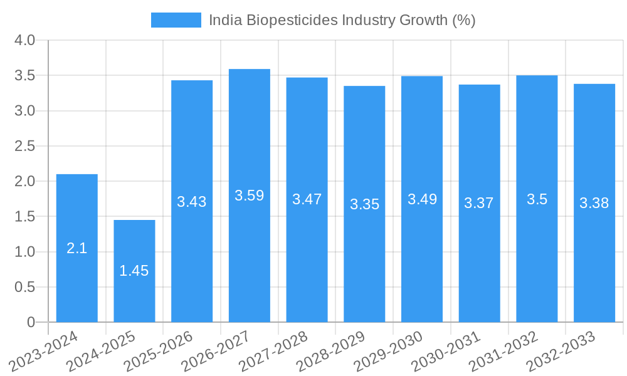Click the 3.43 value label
tap(192, 202)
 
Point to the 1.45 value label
tap(134, 271)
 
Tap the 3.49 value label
tap(422, 199)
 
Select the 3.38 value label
tap(594, 203)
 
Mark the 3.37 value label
tap(479, 203)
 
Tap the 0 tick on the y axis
tap(31, 322)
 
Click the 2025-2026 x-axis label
tap(159, 350)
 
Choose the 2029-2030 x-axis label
tap(389, 350)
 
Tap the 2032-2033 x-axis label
tap(561, 350)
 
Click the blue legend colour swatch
tap(176, 20)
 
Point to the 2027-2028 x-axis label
tap(273, 350)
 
